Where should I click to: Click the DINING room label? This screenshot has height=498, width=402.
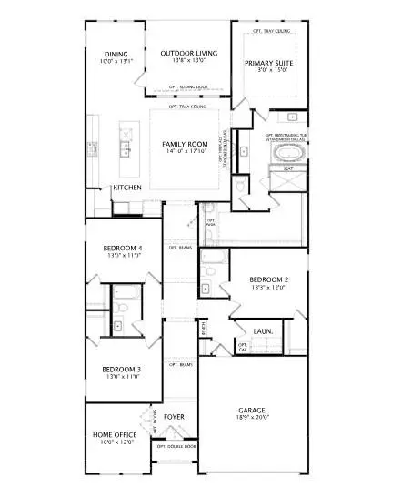pyautogui.click(x=116, y=54)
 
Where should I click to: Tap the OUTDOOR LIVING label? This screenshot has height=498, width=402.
pyautogui.click(x=188, y=54)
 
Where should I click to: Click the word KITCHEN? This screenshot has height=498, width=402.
pyautogui.click(x=126, y=188)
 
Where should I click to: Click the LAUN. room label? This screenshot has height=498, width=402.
pyautogui.click(x=264, y=331)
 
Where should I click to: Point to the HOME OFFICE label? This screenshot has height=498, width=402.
pyautogui.click(x=115, y=435)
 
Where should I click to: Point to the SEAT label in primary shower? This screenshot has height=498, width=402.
pyautogui.click(x=287, y=168)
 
